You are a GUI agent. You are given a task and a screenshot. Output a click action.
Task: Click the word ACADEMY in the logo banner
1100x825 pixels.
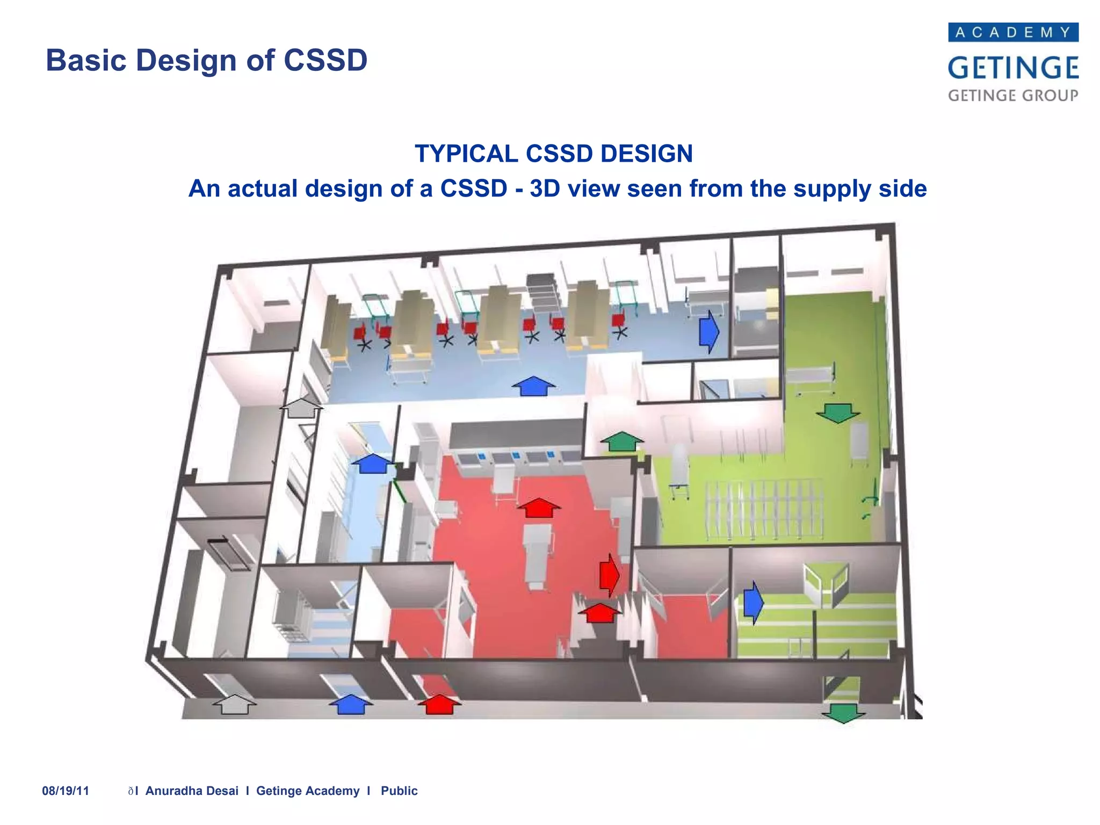point(1013,32)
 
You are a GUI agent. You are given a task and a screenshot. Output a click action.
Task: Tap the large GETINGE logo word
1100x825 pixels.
point(1013,68)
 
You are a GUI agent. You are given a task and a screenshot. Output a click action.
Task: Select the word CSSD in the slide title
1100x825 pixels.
point(325,60)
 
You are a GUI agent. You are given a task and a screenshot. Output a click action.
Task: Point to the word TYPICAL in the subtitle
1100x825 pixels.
point(465,154)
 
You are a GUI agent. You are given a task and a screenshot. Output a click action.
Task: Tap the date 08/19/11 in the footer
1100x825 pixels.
point(66,791)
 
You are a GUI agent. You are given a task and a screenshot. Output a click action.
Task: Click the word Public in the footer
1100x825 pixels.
point(399,791)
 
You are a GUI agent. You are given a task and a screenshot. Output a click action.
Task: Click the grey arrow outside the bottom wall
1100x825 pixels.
point(235,704)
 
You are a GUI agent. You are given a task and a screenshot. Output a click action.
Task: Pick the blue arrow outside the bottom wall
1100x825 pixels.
point(351,704)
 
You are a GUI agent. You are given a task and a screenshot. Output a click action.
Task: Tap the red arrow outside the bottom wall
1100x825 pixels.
point(439,704)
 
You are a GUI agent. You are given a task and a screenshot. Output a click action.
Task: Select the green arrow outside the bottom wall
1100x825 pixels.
point(843,713)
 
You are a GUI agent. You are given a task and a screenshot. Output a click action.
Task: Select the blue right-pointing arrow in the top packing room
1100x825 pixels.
point(708,331)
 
